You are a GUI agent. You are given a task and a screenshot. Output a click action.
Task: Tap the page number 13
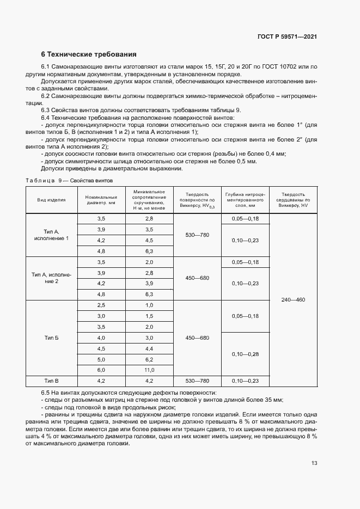tap(314, 463)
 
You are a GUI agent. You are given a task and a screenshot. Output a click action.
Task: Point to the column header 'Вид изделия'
tap(51, 200)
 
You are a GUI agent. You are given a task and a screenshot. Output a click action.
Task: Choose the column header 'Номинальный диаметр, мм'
tap(101, 200)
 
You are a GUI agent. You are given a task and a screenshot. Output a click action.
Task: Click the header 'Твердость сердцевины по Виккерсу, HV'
tap(293, 200)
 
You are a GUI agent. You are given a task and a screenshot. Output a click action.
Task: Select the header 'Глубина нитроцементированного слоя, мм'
tap(245, 200)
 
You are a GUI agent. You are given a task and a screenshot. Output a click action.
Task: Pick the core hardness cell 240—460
tap(293, 299)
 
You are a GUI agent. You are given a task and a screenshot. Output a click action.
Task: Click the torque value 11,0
tap(149, 370)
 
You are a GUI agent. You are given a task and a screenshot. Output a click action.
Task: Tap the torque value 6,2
tap(149, 359)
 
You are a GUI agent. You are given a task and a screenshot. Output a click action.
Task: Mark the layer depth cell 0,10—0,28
tap(245, 354)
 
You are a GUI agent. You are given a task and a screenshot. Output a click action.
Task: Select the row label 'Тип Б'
tap(51, 338)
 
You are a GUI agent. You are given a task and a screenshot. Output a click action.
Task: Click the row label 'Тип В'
tap(51, 381)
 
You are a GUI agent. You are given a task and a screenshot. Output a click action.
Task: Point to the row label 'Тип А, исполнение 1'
tap(51, 235)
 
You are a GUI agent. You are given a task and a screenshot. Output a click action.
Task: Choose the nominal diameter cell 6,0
tap(101, 370)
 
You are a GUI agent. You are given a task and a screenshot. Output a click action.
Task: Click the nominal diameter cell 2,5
tap(101, 305)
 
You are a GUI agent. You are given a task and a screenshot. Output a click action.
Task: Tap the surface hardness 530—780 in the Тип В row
tap(197, 381)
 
